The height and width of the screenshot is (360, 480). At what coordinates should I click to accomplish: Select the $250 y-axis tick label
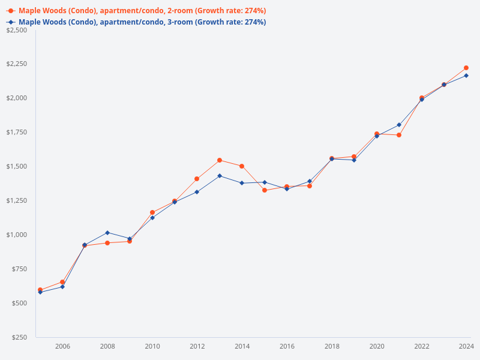point(19,337)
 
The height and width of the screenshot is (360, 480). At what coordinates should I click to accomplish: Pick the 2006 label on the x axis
point(62,346)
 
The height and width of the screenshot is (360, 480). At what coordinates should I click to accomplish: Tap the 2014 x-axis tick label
point(242,346)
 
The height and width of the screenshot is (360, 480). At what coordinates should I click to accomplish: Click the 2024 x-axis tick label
point(466,346)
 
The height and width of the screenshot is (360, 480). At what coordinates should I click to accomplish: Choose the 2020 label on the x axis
point(377,346)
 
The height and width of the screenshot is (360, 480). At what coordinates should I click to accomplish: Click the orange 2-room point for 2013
point(220,160)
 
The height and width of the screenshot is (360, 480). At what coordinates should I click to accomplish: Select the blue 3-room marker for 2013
point(220,176)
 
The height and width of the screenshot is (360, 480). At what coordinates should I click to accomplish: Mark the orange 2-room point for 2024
point(466,68)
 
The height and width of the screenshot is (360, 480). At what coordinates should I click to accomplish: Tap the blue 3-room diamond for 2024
point(466,76)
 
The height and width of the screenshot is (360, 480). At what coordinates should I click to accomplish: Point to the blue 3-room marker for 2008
point(107,232)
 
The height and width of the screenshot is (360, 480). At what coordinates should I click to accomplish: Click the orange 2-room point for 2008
point(107,243)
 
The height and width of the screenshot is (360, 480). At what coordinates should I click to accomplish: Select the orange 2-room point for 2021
point(399,135)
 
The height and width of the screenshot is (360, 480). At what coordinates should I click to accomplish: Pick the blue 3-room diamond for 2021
point(399,125)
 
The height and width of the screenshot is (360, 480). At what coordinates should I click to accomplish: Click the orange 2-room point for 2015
point(265,190)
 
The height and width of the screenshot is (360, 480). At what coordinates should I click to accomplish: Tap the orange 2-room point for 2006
point(62,282)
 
